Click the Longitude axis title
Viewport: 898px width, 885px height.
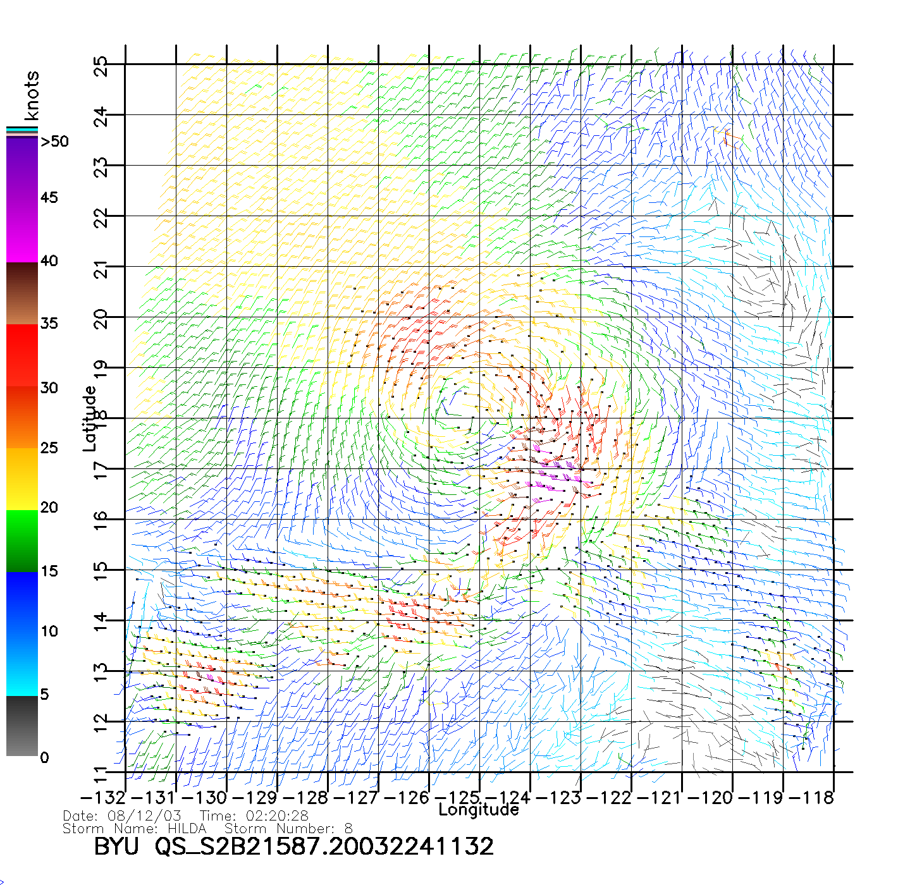(x=479, y=810)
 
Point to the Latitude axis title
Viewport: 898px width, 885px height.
(x=90, y=418)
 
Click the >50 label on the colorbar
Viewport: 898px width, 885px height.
(x=54, y=142)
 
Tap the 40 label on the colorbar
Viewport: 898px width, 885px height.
(x=49, y=260)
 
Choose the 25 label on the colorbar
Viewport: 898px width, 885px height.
(x=49, y=448)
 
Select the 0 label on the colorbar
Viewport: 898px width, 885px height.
(x=44, y=757)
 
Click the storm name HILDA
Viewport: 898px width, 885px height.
(x=187, y=828)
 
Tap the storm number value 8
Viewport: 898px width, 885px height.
(x=348, y=828)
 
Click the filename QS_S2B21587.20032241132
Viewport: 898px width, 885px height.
(x=324, y=846)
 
